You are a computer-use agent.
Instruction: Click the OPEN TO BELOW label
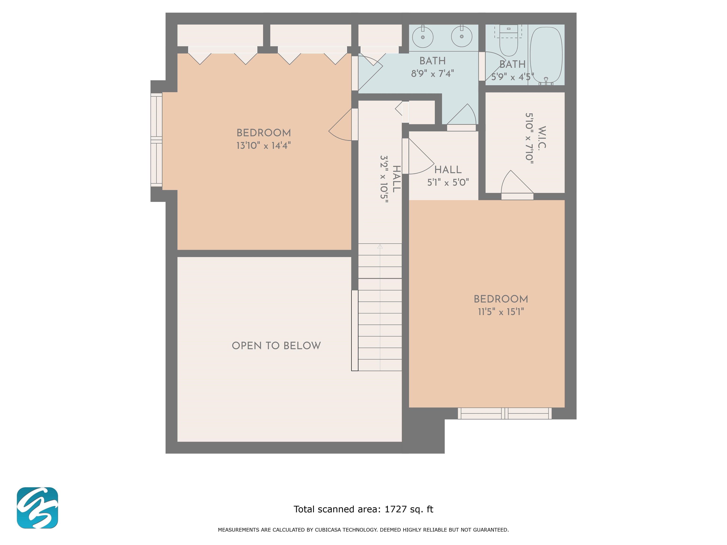(x=276, y=346)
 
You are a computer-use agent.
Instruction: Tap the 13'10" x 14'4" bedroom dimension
(x=264, y=145)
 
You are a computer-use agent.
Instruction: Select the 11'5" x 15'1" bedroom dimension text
(x=501, y=312)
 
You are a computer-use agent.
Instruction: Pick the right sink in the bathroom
(x=462, y=36)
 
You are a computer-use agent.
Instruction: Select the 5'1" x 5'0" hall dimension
(x=448, y=182)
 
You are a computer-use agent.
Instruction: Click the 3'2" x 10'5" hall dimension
(x=384, y=179)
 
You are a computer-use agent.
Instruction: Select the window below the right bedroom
(x=505, y=413)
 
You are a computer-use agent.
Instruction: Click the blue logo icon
(x=37, y=508)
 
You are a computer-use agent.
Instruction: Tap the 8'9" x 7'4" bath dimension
(x=433, y=73)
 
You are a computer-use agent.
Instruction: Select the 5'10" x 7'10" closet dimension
(x=529, y=138)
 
